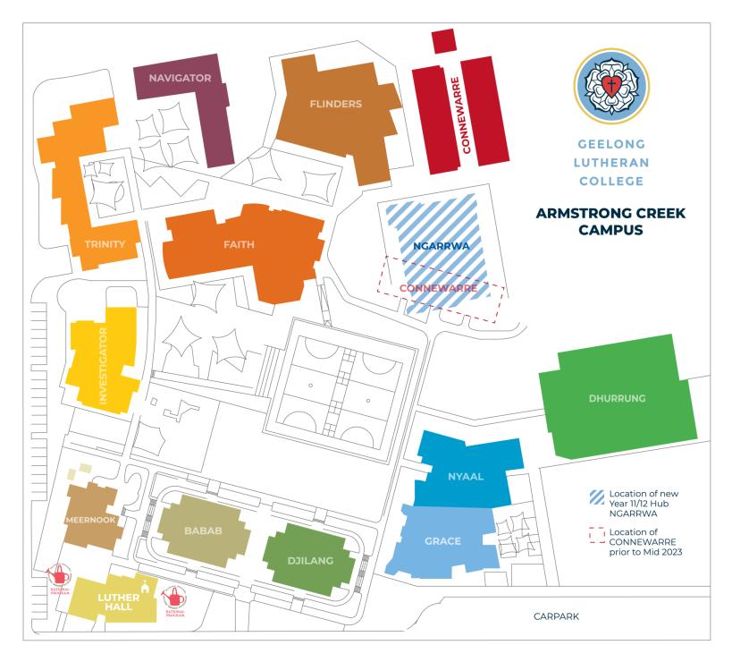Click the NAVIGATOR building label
180,78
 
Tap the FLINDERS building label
335,104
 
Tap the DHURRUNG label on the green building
616,399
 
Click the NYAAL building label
465,476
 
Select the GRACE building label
442,541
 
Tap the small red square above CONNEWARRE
442,41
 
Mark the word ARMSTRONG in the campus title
582,214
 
